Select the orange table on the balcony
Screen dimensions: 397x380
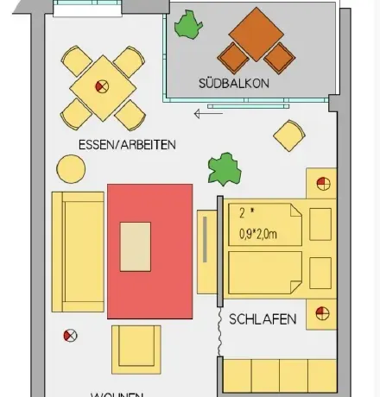256,34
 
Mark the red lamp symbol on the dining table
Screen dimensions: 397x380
102,85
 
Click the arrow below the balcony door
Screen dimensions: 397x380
207,112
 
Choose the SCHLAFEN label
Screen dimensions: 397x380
263,319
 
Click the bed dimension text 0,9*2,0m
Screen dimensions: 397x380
258,231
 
